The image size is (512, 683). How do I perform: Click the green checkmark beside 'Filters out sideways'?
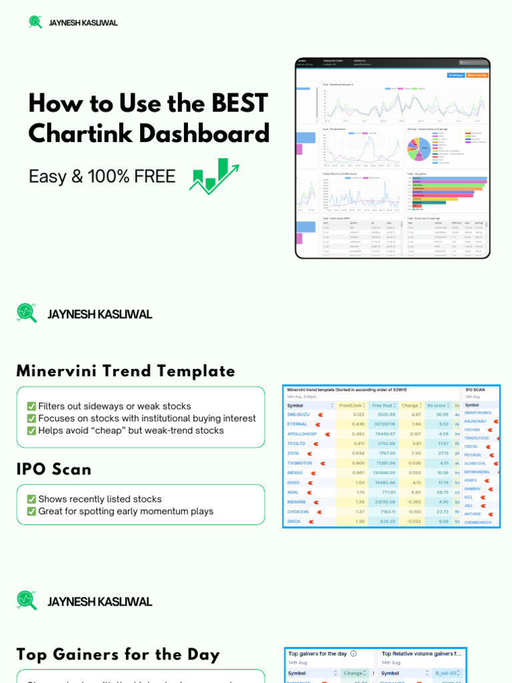pyautogui.click(x=31, y=406)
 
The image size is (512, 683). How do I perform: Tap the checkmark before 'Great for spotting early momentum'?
pyautogui.click(x=31, y=512)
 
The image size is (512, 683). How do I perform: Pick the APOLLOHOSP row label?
pyautogui.click(x=301, y=434)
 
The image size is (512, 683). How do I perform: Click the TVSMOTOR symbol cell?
pyautogui.click(x=299, y=463)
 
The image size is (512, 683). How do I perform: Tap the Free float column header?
pyautogui.click(x=383, y=405)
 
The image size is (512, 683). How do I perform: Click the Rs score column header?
pyautogui.click(x=437, y=405)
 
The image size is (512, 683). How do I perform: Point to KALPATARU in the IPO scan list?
pyautogui.click(x=475, y=422)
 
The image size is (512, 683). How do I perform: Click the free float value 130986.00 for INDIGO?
pyautogui.click(x=384, y=472)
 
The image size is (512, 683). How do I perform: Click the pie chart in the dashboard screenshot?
pyautogui.click(x=419, y=148)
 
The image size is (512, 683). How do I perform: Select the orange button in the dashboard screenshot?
pyautogui.click(x=477, y=75)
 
